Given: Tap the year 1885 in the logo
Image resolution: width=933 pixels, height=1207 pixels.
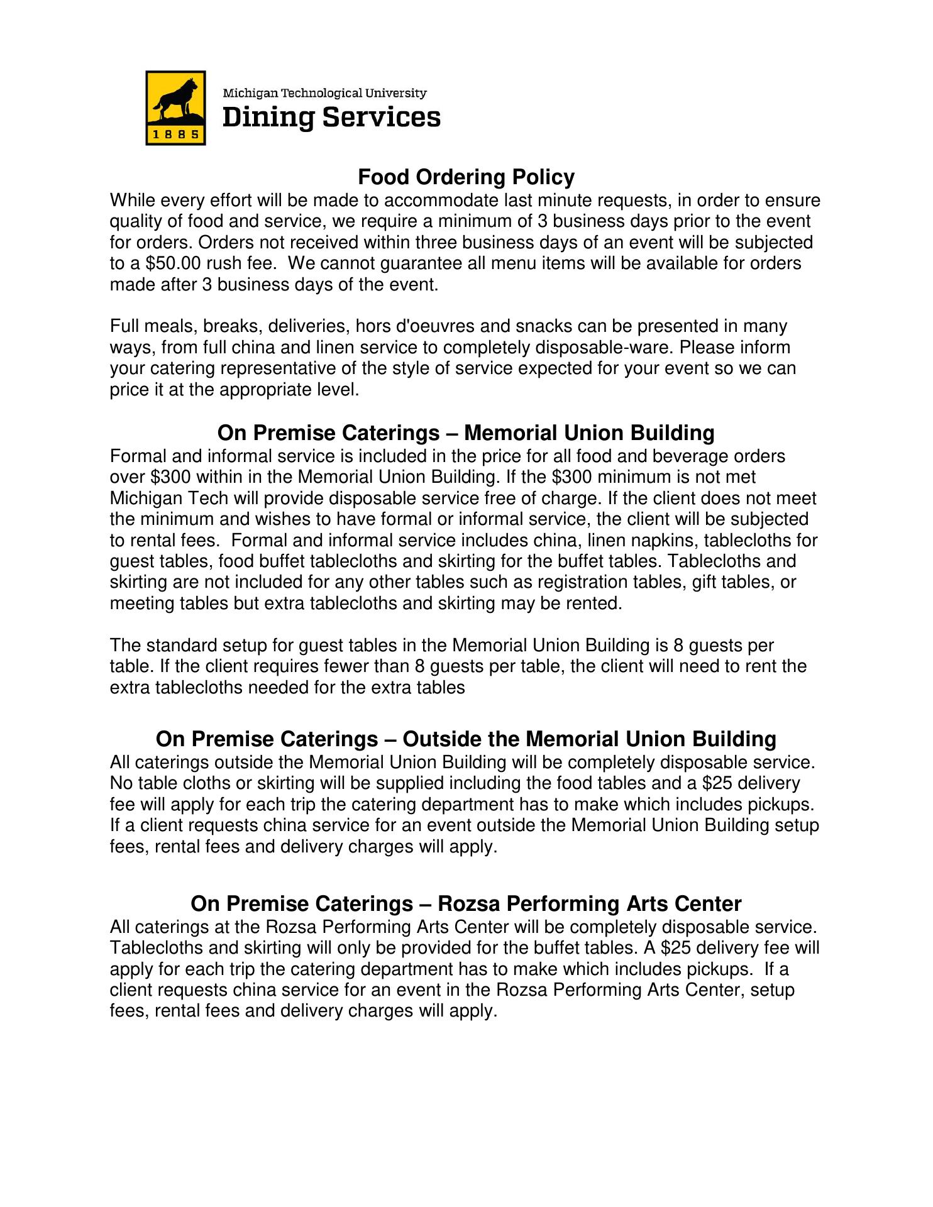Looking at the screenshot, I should point(175,134).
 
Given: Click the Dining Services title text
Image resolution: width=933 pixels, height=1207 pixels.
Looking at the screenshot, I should point(331,118).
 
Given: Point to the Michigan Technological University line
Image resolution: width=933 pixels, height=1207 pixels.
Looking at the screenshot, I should point(325,93).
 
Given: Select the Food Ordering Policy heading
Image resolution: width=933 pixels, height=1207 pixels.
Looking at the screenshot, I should point(466,177).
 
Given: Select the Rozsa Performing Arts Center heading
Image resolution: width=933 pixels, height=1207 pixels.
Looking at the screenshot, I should point(466,903).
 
